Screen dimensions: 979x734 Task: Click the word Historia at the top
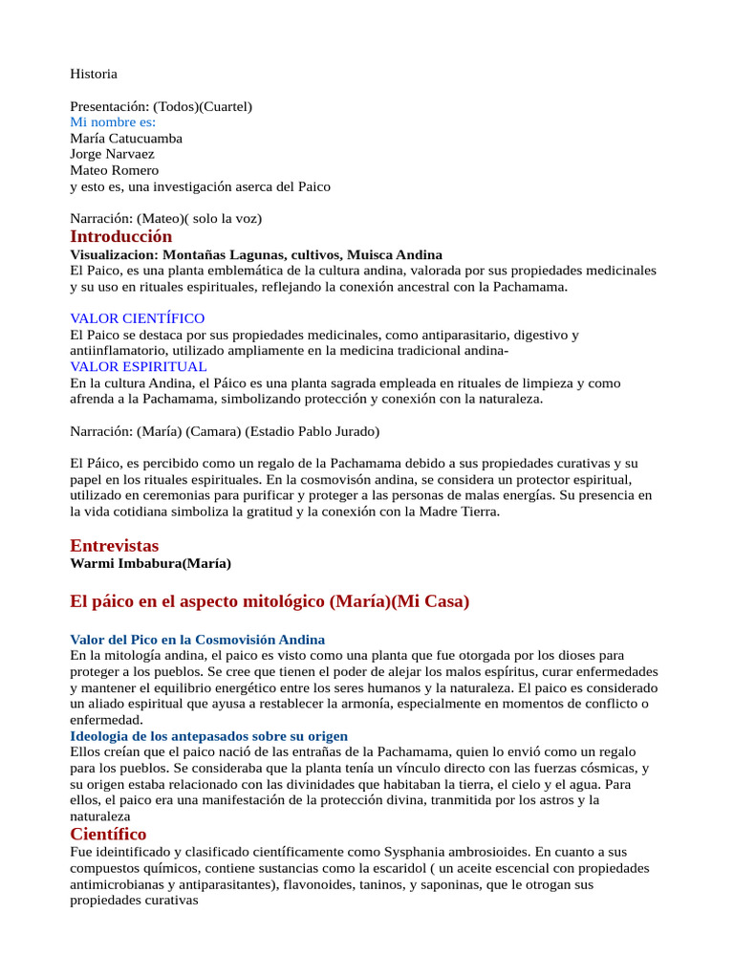pos(94,74)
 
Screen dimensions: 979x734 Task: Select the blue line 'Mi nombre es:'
pos(113,122)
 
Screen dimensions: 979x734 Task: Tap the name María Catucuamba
pos(126,139)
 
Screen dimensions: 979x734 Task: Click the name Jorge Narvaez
pos(112,154)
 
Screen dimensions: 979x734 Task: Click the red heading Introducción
pos(121,236)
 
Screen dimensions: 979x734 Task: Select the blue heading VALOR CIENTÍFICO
pos(138,318)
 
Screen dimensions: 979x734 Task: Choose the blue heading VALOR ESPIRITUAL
pos(139,366)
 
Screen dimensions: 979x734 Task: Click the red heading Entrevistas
pos(115,545)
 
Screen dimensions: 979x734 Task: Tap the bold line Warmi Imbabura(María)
pos(151,563)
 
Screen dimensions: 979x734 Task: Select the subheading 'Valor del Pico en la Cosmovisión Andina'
pos(198,639)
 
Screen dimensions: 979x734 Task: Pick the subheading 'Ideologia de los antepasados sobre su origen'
pos(209,736)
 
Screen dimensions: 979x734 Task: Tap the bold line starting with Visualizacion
pos(256,254)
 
